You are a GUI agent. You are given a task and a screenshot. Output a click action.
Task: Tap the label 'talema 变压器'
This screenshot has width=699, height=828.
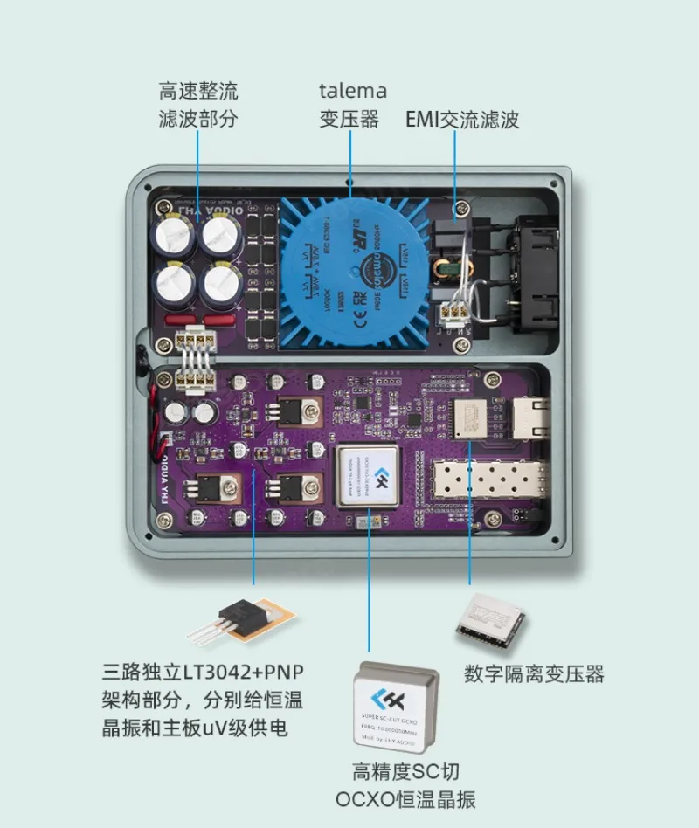pyautogui.click(x=352, y=105)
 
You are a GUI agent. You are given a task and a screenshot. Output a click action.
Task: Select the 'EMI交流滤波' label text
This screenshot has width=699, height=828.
pyautogui.click(x=462, y=120)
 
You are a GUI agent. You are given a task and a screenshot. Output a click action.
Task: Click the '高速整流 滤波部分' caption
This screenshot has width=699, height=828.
pyautogui.click(x=198, y=105)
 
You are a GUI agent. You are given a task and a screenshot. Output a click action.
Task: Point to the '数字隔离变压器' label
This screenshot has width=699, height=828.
pyautogui.click(x=534, y=673)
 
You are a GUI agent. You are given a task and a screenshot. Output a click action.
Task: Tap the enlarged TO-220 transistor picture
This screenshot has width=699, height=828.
pyautogui.click(x=236, y=620)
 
